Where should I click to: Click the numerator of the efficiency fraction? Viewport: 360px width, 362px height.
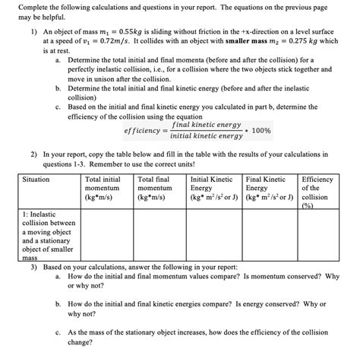click(x=207, y=125)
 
